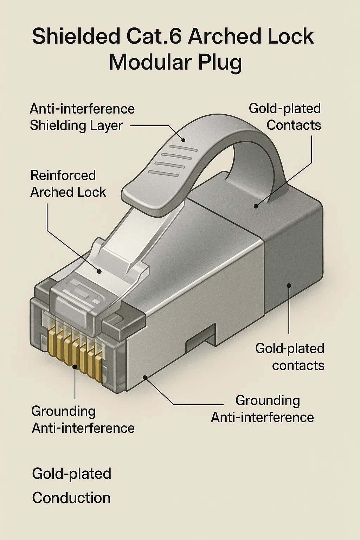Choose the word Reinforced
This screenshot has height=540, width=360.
63,175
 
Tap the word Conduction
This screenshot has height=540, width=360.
71,498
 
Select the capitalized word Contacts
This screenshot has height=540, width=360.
294,125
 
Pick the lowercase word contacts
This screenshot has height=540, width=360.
298,365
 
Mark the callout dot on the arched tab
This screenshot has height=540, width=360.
183,140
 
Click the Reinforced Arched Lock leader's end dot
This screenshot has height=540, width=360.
99,271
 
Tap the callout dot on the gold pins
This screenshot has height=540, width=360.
75,367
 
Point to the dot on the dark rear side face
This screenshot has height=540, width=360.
289,285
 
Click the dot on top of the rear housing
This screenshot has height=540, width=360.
256,206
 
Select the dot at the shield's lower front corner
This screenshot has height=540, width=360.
144,377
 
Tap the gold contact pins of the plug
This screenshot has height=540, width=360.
76,350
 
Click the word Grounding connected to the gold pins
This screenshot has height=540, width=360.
63,411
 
